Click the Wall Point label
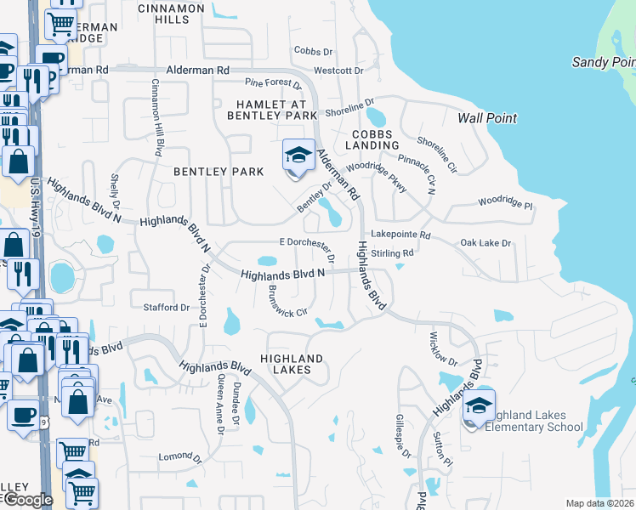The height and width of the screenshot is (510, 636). point(487,118)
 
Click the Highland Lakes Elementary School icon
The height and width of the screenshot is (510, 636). point(479,409)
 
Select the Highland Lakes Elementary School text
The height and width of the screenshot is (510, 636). point(533,420)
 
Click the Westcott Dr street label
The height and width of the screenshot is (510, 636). point(338,71)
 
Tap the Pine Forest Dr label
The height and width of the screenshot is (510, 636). point(274,83)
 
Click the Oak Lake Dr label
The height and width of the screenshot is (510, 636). point(486,243)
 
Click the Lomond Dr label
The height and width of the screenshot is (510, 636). point(173,456)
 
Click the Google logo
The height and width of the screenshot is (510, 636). point(27,500)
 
